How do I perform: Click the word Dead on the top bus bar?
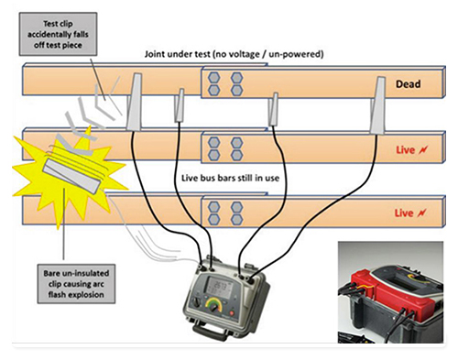point(408,84)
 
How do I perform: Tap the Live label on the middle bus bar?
point(405,150)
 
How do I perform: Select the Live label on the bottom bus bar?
point(404,213)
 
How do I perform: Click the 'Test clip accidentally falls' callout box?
point(58,34)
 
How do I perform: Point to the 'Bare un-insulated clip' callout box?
point(76,284)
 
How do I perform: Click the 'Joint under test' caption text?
point(234,54)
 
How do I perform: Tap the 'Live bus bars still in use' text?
point(230,178)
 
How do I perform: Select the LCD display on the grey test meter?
point(219,288)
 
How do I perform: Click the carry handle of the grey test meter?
point(210,332)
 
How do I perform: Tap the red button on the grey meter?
point(231,313)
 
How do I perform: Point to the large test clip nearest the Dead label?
point(377,105)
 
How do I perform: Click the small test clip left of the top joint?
point(180,105)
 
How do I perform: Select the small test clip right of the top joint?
point(273,109)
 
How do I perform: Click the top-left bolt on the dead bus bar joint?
point(214,78)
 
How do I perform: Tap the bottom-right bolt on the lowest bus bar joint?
point(236,219)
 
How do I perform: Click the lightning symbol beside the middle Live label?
point(423,149)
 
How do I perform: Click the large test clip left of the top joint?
point(134,103)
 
